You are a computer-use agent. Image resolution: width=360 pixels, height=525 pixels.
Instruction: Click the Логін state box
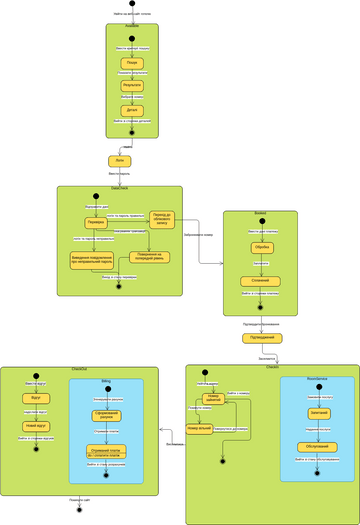pos(119,160)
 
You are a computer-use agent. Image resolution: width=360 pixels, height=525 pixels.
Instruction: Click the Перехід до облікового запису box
pos(169,220)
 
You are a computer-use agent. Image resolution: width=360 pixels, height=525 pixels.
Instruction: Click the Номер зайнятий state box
pos(212,398)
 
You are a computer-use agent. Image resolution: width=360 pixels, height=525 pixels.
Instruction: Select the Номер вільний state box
pos(199,428)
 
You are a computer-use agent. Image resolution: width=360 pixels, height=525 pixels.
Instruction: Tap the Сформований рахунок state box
pos(107,415)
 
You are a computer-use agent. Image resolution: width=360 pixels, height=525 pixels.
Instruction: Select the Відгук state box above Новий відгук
pos(37,398)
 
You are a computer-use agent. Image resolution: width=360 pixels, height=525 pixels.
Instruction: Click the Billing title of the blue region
pos(107,381)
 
